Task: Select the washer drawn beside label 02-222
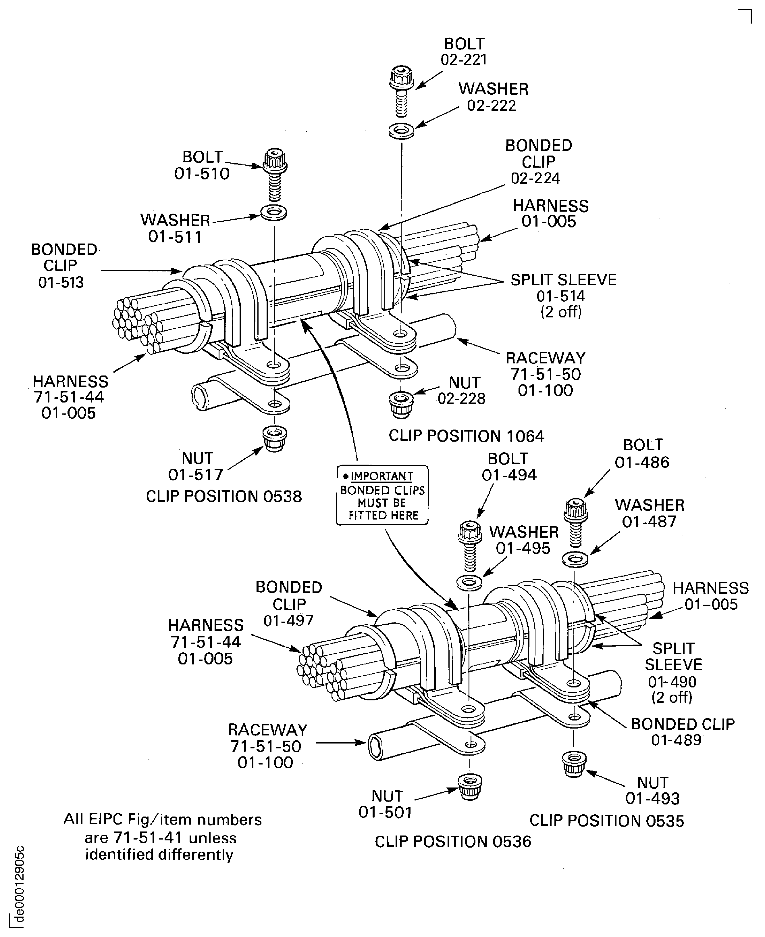coord(401,131)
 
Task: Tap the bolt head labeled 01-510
coord(275,161)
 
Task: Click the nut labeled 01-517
coord(274,438)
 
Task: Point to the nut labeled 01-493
coord(574,764)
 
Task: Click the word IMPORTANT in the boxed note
coord(381,476)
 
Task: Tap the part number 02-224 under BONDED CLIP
coord(535,178)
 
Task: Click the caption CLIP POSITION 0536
coord(453,841)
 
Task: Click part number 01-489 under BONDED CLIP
coord(676,740)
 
